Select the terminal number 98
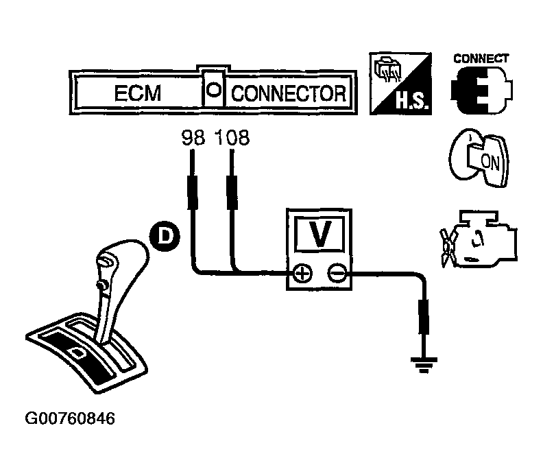[194, 138]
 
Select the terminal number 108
[231, 138]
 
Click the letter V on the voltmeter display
[319, 235]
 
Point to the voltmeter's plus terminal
[302, 274]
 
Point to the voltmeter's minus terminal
[335, 274]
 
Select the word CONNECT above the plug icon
[481, 58]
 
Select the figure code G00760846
[69, 418]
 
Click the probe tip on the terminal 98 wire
[193, 193]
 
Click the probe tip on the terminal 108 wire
[231, 193]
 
